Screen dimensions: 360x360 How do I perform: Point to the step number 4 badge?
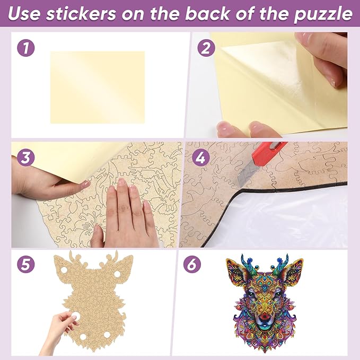pyautogui.click(x=205, y=158)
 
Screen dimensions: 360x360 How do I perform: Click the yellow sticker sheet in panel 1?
pyautogui.click(x=97, y=87)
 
